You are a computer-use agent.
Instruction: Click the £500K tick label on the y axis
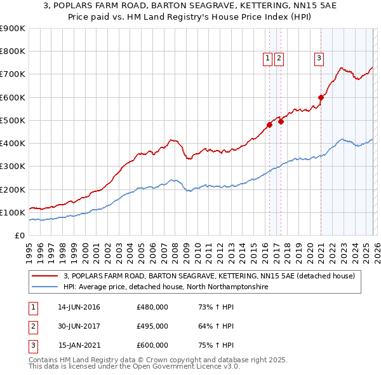(12, 120)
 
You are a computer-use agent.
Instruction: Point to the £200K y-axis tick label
(12, 189)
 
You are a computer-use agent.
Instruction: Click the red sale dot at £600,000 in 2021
(321, 97)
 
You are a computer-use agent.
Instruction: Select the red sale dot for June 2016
(269, 125)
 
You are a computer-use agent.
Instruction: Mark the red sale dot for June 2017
(281, 121)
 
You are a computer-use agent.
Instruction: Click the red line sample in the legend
(46, 276)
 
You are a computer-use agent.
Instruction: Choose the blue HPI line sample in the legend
(46, 287)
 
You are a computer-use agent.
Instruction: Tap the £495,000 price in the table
(152, 326)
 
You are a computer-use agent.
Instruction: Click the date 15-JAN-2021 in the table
(79, 345)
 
